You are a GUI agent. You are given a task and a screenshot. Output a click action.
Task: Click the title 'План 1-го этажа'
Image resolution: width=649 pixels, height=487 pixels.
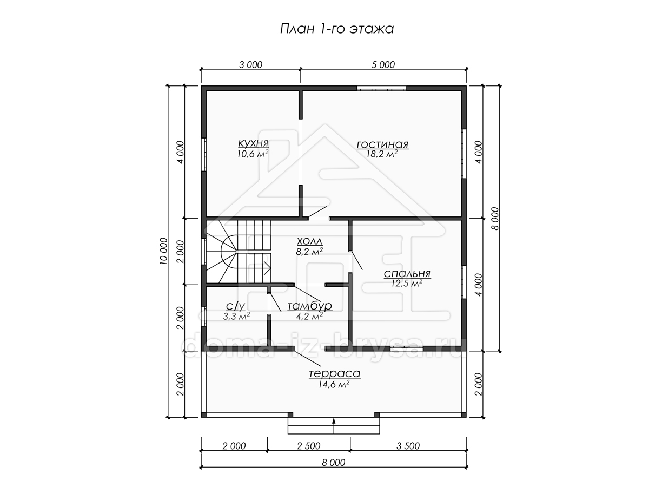pos(337,29)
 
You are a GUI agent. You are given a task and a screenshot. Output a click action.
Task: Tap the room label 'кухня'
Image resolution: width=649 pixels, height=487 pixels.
pos(254,143)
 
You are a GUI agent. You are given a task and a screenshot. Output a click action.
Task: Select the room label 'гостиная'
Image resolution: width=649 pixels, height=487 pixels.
pos(382,144)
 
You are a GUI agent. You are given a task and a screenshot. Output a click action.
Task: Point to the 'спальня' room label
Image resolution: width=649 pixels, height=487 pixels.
pos(407,273)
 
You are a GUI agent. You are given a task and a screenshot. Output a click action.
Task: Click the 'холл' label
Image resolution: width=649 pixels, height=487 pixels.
pos(309,241)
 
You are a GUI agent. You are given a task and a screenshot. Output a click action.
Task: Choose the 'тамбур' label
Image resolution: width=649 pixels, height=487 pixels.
pos(310,306)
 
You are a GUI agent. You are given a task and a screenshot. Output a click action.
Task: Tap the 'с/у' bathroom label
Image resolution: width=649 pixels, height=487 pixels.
pos(236,306)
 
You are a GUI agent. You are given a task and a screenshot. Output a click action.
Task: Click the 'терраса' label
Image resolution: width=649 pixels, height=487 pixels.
pos(335,373)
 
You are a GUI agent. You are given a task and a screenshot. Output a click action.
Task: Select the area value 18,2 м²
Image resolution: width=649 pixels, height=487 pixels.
pos(382,154)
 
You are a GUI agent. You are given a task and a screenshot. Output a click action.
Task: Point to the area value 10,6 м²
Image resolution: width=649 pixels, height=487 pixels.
pos(253,154)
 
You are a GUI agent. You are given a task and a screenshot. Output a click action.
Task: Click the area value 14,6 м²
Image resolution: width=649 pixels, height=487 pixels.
pos(334,384)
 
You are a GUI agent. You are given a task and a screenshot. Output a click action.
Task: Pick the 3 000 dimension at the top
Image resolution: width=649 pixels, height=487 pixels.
pos(251,65)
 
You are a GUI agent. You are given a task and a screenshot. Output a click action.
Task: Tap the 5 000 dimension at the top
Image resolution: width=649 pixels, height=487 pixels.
pos(383,65)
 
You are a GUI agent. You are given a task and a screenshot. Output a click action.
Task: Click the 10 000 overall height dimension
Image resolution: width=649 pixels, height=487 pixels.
pos(163,251)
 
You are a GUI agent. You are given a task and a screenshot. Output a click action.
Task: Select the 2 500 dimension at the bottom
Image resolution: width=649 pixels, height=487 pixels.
pos(309,446)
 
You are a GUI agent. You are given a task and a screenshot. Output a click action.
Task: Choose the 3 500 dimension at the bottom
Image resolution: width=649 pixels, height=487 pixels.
pos(408,446)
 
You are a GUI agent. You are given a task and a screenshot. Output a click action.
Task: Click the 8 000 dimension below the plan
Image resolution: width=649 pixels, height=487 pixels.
pos(334,463)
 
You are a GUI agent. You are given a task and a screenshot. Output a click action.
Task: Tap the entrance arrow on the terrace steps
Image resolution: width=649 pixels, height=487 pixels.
pos(334,426)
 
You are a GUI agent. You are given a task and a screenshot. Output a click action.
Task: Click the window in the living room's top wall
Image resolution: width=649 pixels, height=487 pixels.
pos(381,88)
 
